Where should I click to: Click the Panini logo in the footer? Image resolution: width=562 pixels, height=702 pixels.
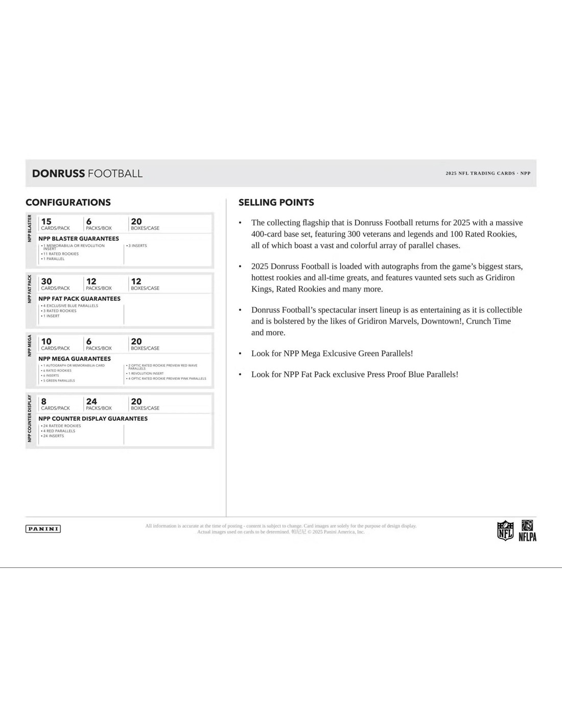point(43,529)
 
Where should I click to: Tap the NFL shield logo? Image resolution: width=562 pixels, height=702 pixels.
point(505,530)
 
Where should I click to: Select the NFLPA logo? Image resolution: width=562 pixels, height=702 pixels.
point(527,530)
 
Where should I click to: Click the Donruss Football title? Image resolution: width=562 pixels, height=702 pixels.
point(87,174)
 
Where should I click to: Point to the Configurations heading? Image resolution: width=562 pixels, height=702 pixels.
point(68,203)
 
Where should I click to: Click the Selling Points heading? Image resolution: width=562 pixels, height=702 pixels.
point(276,203)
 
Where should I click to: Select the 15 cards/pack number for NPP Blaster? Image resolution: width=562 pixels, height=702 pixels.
point(46,222)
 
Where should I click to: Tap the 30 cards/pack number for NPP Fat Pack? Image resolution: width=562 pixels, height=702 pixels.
point(46,281)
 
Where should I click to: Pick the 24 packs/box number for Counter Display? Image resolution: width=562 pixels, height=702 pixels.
point(91,402)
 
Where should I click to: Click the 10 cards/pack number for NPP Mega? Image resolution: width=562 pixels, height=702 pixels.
point(46,342)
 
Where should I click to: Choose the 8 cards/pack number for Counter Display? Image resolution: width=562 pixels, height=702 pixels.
point(43,402)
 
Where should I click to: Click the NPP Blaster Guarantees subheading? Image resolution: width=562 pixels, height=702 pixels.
point(78,238)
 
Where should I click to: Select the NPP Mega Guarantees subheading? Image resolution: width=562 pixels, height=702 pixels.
point(74,359)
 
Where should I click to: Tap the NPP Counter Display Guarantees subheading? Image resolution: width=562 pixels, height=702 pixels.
point(92,419)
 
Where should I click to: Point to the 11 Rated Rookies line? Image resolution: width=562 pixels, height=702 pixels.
point(61,254)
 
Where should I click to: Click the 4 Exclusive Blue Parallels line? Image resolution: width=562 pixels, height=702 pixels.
point(71,306)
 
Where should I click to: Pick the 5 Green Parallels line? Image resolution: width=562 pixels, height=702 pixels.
point(59,380)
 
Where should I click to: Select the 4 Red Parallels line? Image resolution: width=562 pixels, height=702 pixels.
point(59,431)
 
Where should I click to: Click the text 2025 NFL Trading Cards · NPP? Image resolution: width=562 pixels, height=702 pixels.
point(487,174)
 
